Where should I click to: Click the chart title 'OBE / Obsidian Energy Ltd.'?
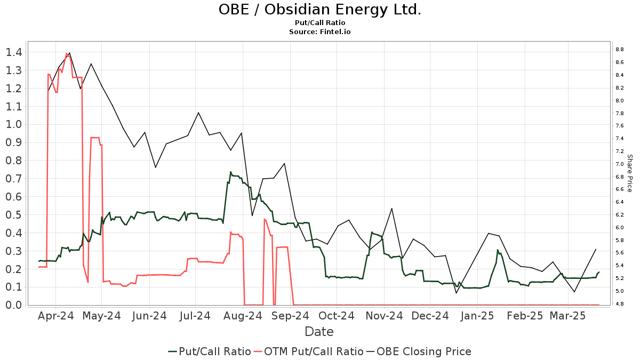coord(319,10)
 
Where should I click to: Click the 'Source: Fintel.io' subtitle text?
coord(319,32)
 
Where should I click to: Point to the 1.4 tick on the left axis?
coord(14,52)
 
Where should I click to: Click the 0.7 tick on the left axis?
coord(14,179)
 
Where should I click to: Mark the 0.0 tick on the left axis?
coord(14,305)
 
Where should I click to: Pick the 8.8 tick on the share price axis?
coord(620,50)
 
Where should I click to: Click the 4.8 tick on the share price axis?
coord(620,304)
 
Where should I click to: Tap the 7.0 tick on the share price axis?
coord(620,164)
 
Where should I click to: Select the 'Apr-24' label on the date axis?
coord(56,316)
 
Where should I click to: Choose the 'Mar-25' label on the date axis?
coord(568,316)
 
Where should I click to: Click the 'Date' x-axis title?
coord(319,332)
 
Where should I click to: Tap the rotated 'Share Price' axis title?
coord(630,173)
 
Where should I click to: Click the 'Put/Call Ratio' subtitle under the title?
coord(319,23)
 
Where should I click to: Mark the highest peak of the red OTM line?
coord(67,53)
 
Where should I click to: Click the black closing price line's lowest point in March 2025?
coord(574,292)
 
